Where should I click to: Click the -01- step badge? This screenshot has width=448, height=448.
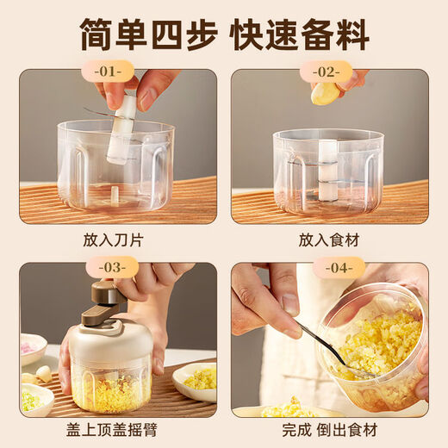click(x=108, y=72)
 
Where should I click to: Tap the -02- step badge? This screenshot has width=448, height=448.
click(x=327, y=72)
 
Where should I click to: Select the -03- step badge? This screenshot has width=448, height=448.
click(x=112, y=268)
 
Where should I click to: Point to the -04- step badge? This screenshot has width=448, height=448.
click(x=339, y=268)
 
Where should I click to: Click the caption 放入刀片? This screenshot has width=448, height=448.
click(x=113, y=240)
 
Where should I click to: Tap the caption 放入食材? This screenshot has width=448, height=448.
click(x=329, y=240)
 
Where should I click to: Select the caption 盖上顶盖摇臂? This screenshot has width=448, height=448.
click(x=112, y=430)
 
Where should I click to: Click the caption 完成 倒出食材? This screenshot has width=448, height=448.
click(x=330, y=430)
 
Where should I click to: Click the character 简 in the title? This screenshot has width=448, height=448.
click(x=96, y=34)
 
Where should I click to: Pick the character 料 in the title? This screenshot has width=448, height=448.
click(x=352, y=34)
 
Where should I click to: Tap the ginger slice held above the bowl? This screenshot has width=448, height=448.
click(x=325, y=92)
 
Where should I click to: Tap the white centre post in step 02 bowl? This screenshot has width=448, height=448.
click(x=328, y=170)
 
